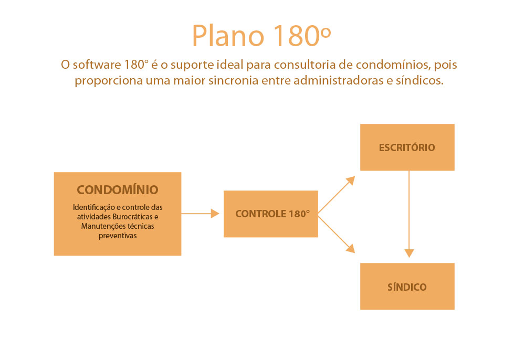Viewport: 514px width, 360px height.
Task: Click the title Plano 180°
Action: coord(261,35)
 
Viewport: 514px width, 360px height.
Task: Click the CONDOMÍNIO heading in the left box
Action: coord(118,189)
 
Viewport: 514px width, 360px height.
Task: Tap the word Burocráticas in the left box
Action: coord(132,217)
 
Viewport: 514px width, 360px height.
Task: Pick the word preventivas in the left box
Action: coord(118,236)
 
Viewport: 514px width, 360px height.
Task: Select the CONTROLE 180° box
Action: coord(271,214)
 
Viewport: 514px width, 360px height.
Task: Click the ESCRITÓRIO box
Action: coord(407,147)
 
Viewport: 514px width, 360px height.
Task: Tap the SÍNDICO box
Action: coord(407,287)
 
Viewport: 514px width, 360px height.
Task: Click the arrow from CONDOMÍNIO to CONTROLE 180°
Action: coord(200,214)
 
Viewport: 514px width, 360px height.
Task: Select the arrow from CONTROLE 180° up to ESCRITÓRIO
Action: coord(337,195)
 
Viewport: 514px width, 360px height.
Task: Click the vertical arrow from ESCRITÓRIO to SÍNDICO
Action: coord(409,214)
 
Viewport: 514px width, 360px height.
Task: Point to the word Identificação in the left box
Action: coord(94,207)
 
